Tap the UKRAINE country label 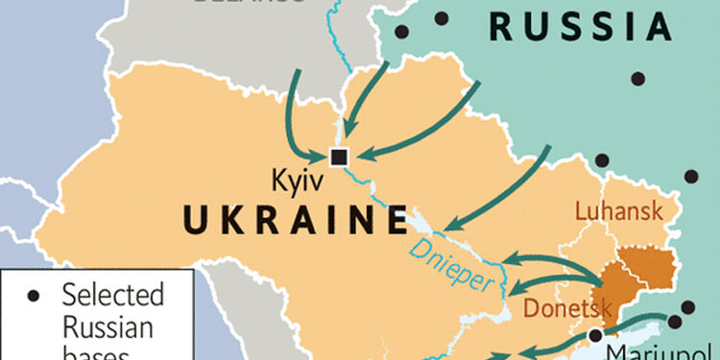click(x=294, y=222)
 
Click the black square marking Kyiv click(x=338, y=156)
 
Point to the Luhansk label click(x=620, y=212)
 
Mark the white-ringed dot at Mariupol click(x=597, y=335)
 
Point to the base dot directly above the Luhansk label click(x=602, y=160)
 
